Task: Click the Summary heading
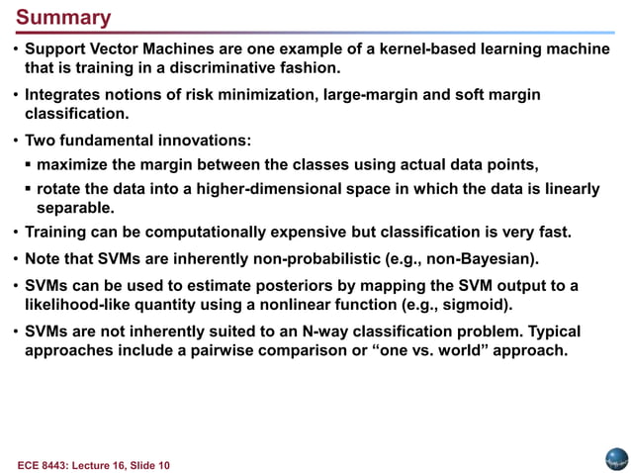coord(63,19)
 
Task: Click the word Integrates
coord(62,94)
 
